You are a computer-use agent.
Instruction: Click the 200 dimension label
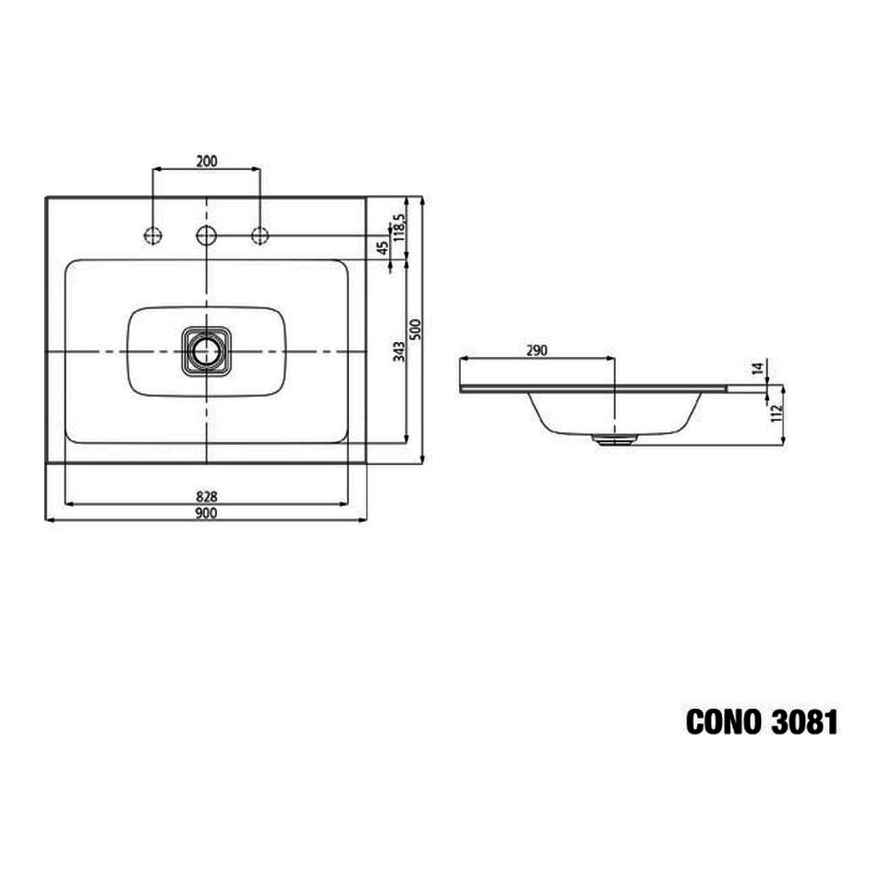coord(206,160)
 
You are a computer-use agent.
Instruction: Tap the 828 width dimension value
coord(206,496)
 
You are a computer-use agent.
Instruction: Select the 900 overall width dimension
coord(206,513)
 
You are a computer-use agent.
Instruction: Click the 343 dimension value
coord(400,351)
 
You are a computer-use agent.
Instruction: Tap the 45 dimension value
coord(383,247)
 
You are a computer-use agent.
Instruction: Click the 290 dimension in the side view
coord(536,350)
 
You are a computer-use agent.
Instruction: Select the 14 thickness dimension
coord(757,369)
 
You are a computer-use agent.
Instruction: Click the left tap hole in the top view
coord(153,235)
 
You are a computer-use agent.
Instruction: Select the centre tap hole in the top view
coord(206,235)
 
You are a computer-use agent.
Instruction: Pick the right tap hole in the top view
coord(260,235)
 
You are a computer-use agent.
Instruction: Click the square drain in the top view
coord(206,350)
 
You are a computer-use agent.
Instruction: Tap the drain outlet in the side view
coord(614,437)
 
